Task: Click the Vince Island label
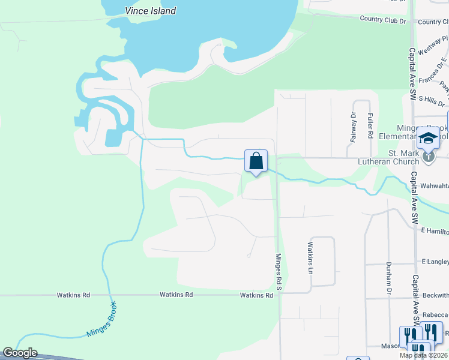pyautogui.click(x=151, y=11)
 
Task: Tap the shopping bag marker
pyautogui.click(x=256, y=161)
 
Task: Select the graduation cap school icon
pyautogui.click(x=428, y=139)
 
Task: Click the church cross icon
pyautogui.click(x=428, y=157)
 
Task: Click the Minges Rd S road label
pyautogui.click(x=278, y=272)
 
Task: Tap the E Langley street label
pyautogui.click(x=435, y=262)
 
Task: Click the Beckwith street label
pyautogui.click(x=435, y=295)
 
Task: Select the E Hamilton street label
pyautogui.click(x=433, y=230)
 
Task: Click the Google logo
pyautogui.click(x=20, y=353)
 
